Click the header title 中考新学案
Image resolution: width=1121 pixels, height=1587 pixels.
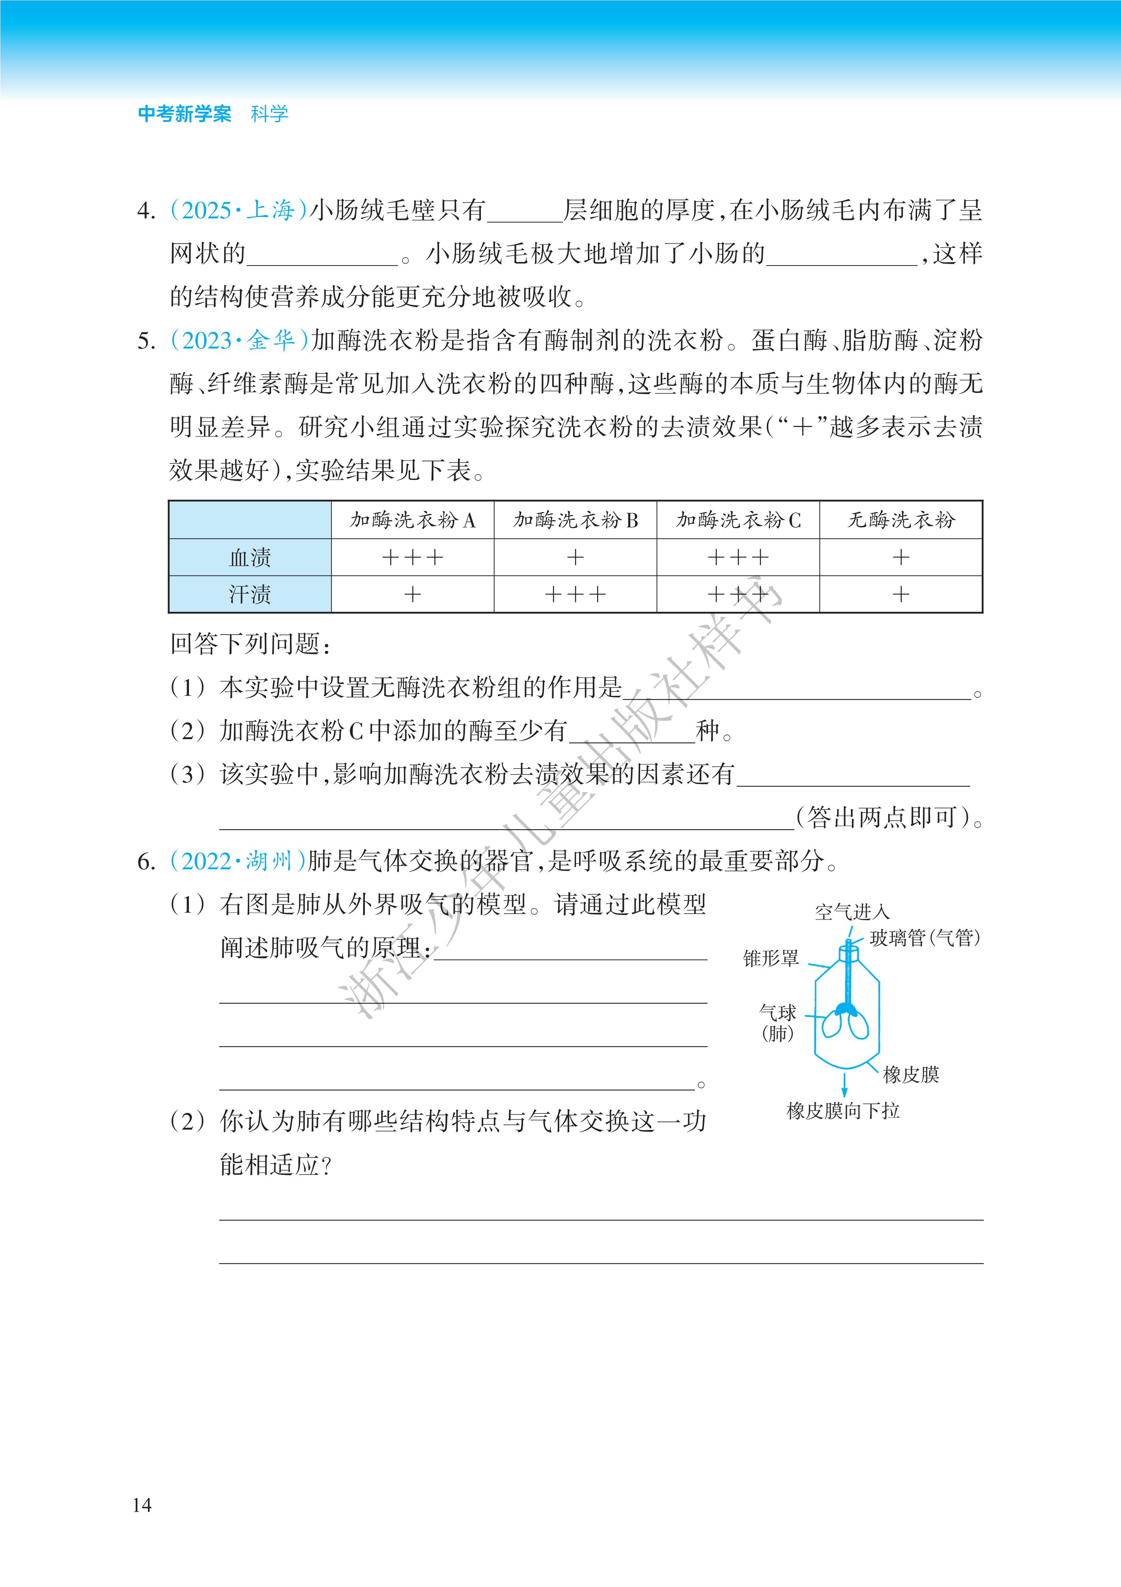(185, 114)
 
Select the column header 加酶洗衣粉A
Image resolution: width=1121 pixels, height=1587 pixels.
(412, 520)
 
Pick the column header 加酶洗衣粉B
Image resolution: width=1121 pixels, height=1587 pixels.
(575, 520)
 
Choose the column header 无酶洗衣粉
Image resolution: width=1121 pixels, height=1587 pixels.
(901, 520)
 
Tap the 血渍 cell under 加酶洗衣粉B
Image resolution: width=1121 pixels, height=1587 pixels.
(575, 557)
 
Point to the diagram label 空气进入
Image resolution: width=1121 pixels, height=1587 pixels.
(852, 912)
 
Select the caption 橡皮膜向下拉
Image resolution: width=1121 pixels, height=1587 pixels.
(843, 1111)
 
